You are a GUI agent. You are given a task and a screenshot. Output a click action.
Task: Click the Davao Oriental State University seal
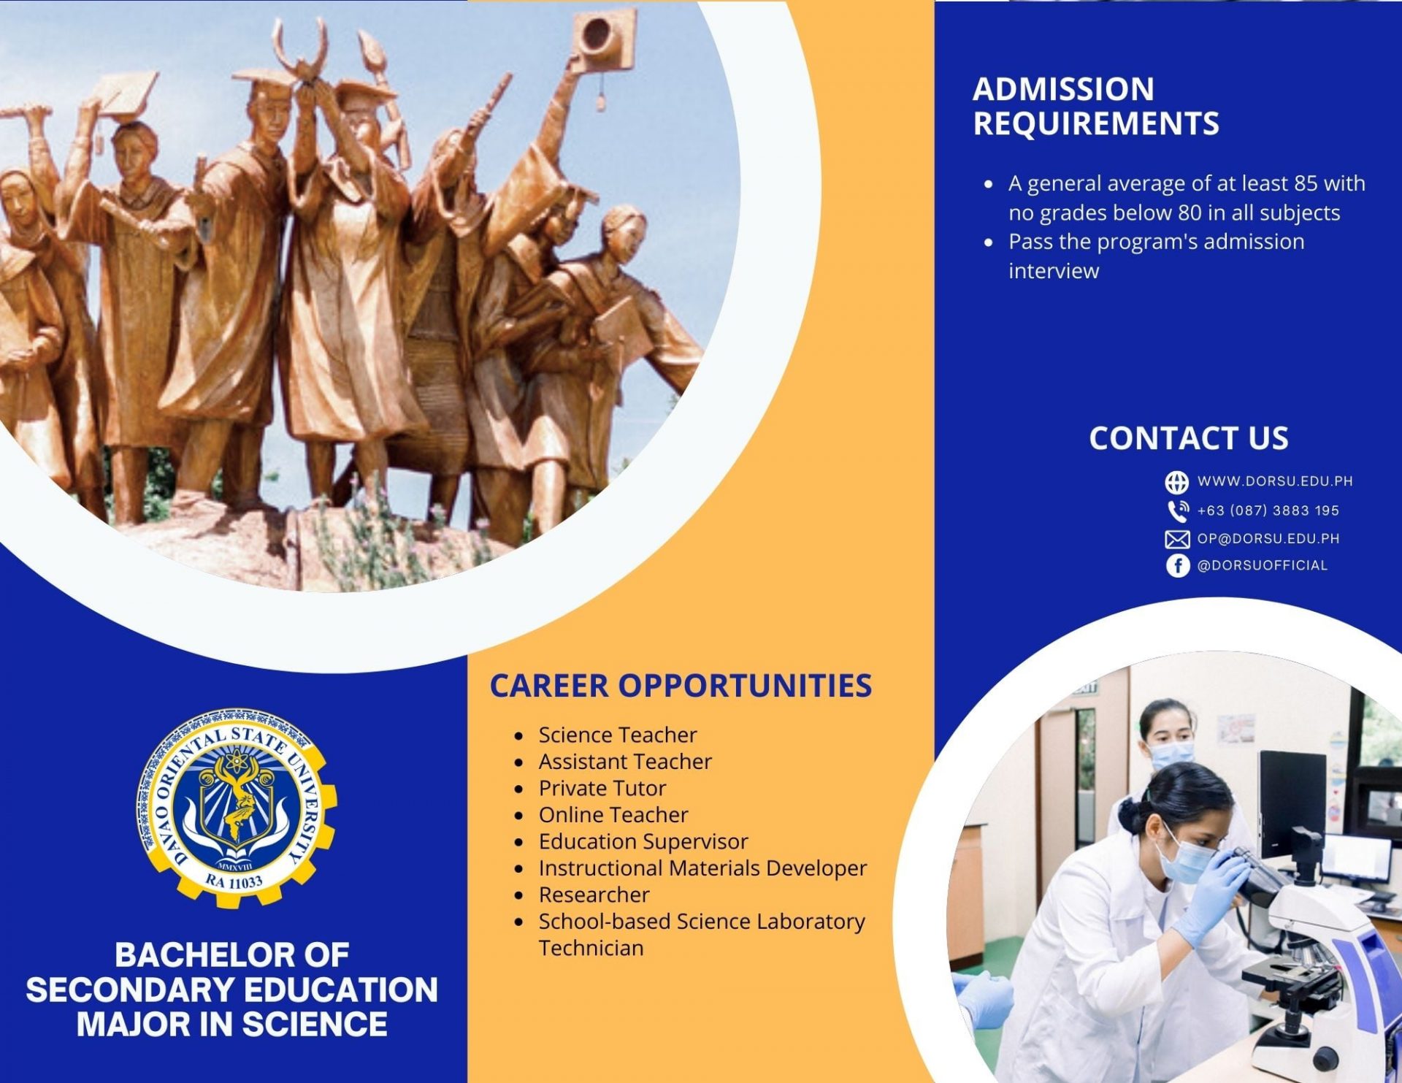point(236,806)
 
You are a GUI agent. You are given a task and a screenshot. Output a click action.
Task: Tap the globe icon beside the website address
point(1176,482)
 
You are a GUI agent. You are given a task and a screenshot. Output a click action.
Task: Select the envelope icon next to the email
point(1177,539)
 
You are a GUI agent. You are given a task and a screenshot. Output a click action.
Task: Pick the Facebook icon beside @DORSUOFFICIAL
point(1177,565)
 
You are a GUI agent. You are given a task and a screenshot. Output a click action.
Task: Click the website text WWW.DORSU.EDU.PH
point(1275,481)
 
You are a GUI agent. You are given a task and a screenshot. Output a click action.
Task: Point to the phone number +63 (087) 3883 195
point(1268,510)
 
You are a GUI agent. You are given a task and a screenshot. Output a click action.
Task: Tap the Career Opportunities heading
point(681,685)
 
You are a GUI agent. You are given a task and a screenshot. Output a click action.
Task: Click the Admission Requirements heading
point(1096,106)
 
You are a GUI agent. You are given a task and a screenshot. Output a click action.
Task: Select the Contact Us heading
point(1189,437)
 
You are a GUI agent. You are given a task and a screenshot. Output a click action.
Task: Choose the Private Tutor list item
point(602,788)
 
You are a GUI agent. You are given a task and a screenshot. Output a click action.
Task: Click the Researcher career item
point(594,895)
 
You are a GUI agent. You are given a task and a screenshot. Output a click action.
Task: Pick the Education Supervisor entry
point(643,841)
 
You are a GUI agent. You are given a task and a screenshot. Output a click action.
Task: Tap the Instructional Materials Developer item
point(702,868)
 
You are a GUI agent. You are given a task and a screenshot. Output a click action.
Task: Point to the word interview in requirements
point(1054,271)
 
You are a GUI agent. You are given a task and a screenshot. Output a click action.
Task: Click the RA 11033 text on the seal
point(234,881)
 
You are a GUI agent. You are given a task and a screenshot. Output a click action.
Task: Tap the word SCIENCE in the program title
point(315,1024)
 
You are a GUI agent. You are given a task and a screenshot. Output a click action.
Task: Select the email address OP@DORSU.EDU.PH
point(1268,539)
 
